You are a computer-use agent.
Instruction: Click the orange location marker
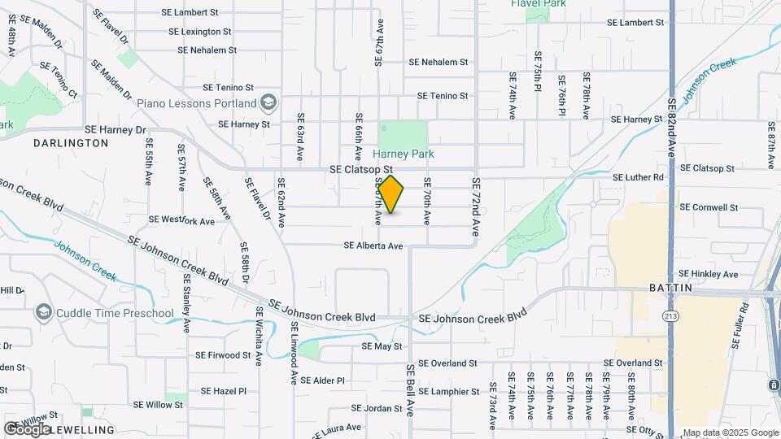[x=390, y=194]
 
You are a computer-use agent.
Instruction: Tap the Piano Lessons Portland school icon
[x=269, y=103]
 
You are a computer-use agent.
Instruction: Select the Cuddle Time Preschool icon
[x=43, y=313]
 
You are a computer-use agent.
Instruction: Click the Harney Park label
[x=404, y=154]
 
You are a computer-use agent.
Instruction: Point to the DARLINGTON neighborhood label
[x=71, y=143]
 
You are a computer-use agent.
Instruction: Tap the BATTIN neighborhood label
[x=671, y=289]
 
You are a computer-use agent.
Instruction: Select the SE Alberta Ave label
[x=373, y=246]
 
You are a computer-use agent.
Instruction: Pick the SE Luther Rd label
[x=638, y=176]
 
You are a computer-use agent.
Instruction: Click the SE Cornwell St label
[x=708, y=207]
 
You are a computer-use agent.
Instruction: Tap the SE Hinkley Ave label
[x=708, y=274]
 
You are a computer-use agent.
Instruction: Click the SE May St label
[x=382, y=346]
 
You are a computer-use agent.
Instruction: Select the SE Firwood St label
[x=223, y=355]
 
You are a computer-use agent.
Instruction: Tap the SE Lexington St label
[x=199, y=32]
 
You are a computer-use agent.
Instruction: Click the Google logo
[x=27, y=428]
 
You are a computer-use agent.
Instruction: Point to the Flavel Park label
[x=538, y=4]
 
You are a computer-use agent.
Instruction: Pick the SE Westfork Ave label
[x=181, y=219]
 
